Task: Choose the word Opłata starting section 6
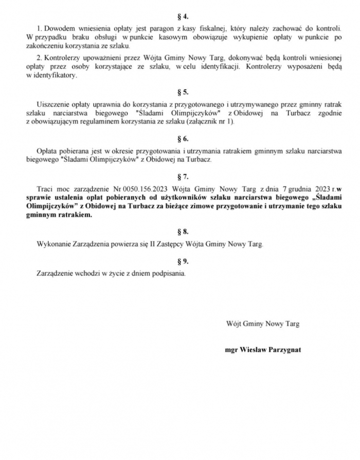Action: point(49,151)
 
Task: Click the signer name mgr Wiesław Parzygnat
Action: point(263,350)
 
